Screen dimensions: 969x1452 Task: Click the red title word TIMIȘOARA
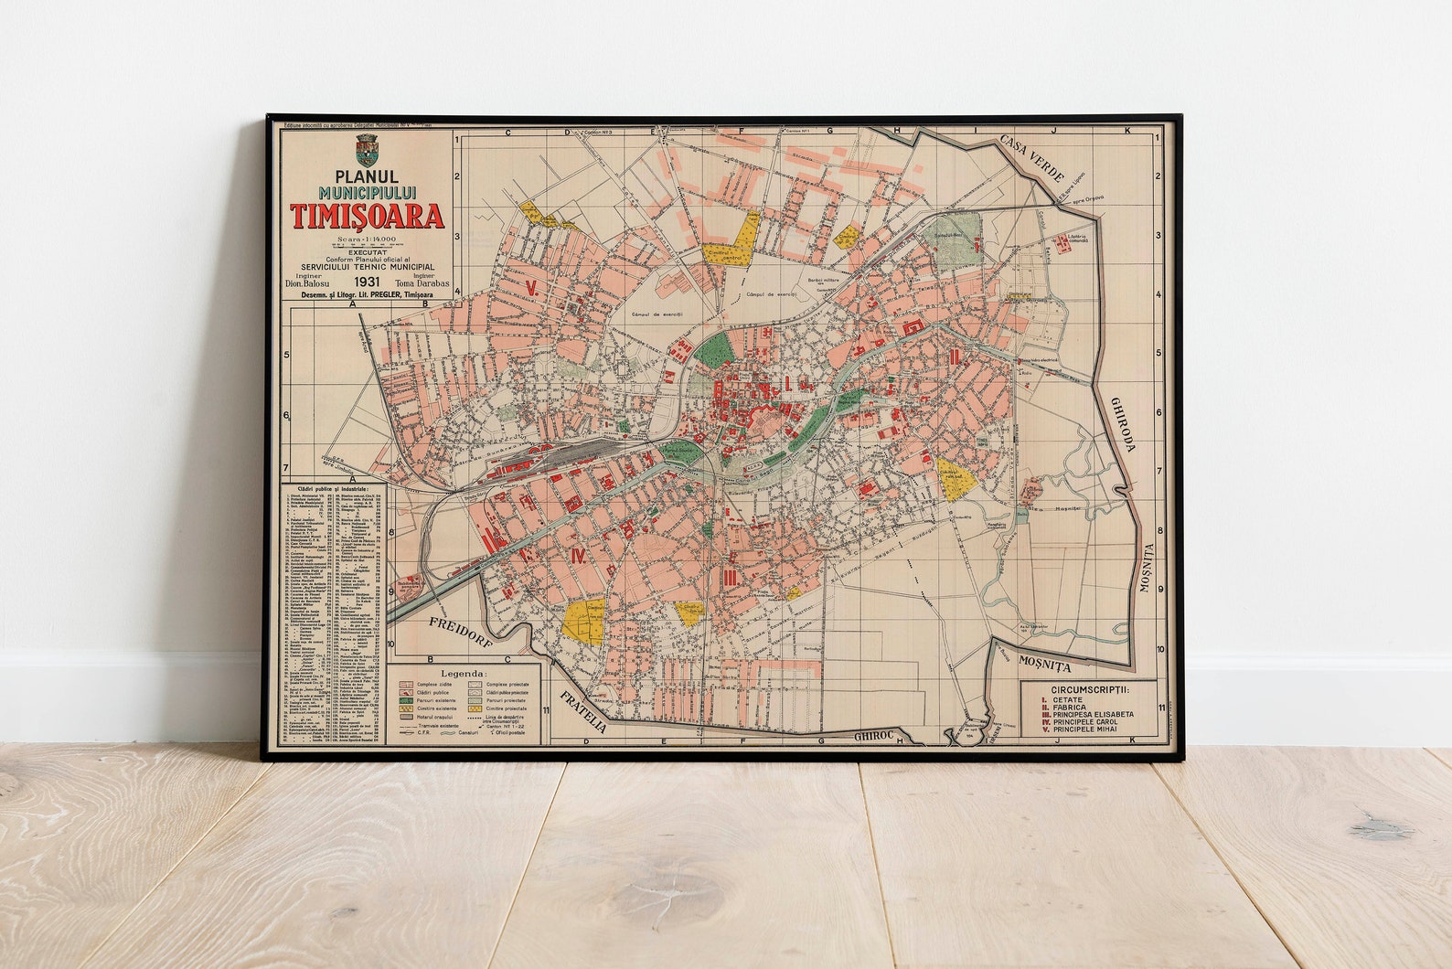[x=368, y=216]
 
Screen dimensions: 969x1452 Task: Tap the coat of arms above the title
[x=367, y=150]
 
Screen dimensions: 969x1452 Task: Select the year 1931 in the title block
[x=368, y=282]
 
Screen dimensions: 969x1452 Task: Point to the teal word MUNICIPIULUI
[x=368, y=194]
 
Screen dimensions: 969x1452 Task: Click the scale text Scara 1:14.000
[x=368, y=240]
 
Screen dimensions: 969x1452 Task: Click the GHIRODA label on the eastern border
[x=1124, y=424]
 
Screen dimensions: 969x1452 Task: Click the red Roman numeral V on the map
[x=531, y=287]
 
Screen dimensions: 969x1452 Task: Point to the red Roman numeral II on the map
[x=954, y=357]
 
